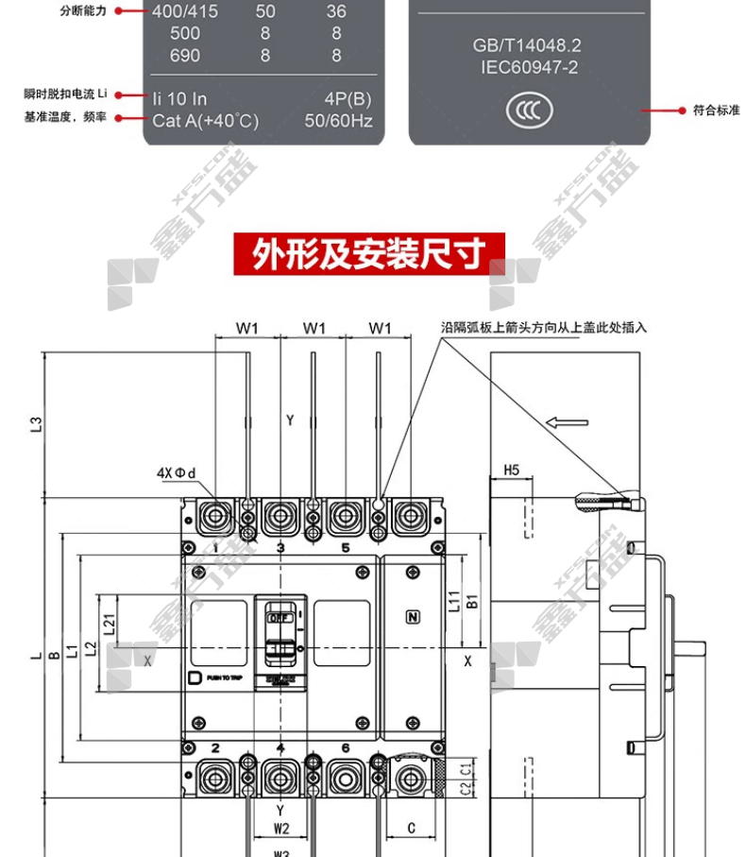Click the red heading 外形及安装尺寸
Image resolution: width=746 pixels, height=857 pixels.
[369, 253]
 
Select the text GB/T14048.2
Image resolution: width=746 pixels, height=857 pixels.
[526, 46]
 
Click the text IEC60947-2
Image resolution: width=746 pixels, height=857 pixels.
[526, 66]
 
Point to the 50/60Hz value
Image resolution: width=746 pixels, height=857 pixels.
[338, 121]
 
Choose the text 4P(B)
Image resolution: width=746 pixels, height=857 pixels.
[348, 98]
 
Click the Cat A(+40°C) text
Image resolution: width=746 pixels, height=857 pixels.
[205, 121]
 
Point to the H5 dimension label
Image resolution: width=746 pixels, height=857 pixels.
[512, 470]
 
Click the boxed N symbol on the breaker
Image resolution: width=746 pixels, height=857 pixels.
[412, 618]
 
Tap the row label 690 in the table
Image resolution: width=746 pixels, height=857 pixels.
[185, 56]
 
